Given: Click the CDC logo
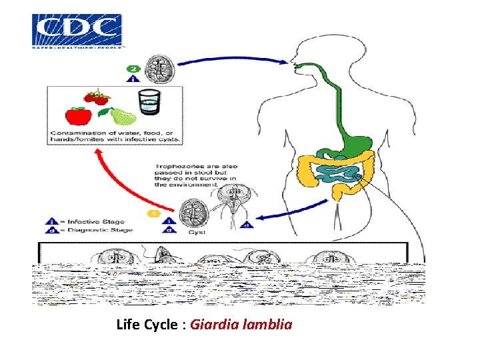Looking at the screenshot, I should pos(77,31).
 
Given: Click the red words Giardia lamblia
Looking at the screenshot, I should pos(241,325).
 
